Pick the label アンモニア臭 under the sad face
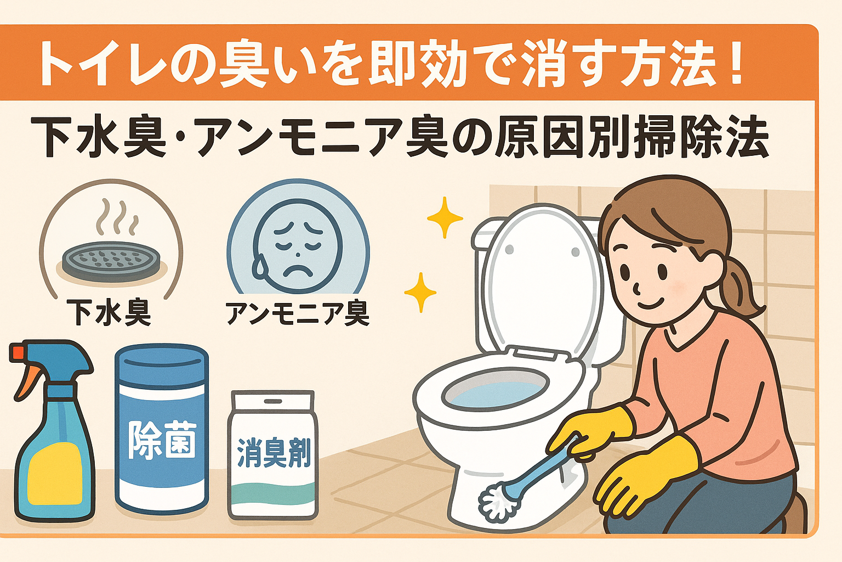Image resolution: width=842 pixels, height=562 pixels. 298,313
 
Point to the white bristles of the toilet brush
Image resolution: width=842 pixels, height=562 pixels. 497,502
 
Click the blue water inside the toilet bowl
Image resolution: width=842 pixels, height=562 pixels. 493,393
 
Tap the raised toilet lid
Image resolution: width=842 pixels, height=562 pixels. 543,280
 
